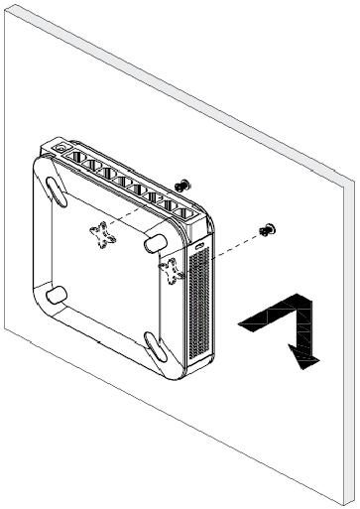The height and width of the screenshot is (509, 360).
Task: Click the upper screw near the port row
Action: [x=181, y=185]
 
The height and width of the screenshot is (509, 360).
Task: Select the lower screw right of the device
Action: [x=266, y=230]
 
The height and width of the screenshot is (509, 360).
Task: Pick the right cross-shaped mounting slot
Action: [x=173, y=271]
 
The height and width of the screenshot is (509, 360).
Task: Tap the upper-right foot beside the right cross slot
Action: [x=157, y=242]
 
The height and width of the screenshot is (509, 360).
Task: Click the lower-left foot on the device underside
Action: [x=56, y=294]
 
